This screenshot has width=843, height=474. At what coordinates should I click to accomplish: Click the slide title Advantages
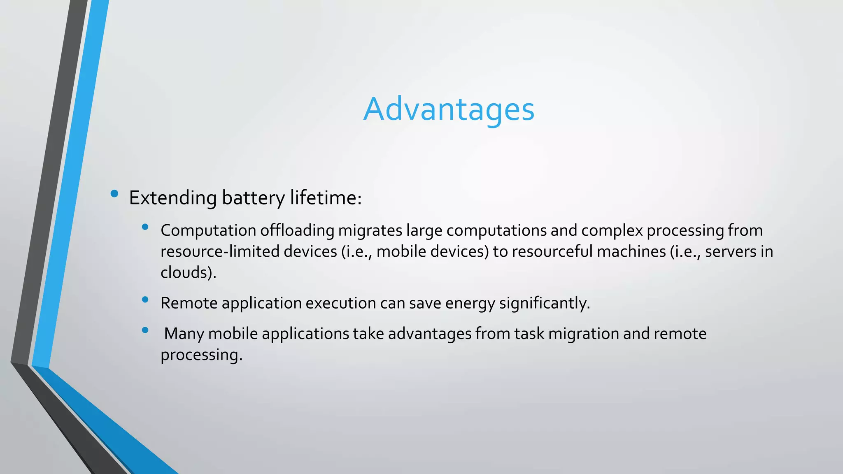point(449,109)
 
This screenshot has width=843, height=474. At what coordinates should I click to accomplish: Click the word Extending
point(173,198)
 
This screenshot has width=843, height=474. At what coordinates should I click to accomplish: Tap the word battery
point(253,198)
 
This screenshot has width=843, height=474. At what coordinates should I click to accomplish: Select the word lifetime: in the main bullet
point(326,198)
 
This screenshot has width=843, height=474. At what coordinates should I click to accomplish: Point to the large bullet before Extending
point(114,193)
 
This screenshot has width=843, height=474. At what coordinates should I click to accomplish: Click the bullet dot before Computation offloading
point(145,227)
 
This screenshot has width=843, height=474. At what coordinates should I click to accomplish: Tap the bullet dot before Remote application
point(145,300)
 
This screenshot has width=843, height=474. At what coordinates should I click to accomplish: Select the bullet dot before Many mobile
point(145,330)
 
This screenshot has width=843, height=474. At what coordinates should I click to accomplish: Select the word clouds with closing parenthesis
point(188,272)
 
